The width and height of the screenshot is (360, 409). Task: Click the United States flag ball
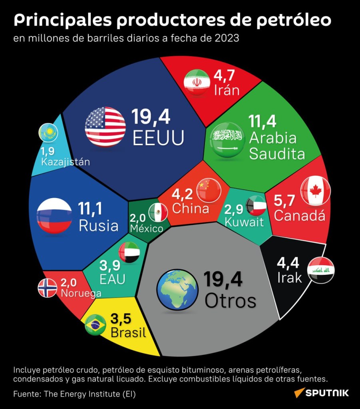pos(105,127)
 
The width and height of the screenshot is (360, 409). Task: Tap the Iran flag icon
pos(197,82)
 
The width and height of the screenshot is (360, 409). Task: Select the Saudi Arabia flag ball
pos(227,140)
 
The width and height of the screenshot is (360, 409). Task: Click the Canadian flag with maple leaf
pos(316,191)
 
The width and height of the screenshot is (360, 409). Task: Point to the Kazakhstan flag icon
pos(48,133)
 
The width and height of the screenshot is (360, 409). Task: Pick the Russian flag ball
pos(54,215)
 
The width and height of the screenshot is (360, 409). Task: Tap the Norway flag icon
pos(48,288)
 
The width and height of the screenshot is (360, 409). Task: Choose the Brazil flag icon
pos(95,325)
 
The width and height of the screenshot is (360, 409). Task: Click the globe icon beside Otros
pos(177,290)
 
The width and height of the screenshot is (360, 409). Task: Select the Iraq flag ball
pos(321,270)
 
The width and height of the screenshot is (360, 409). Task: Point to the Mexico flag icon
pos(158,212)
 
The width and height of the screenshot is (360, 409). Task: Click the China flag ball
pos(209,191)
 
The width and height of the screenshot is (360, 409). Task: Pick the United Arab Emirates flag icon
pos(129,252)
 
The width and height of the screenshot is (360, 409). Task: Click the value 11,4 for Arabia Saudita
pos(262,121)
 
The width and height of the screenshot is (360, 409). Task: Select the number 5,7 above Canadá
pos(284,201)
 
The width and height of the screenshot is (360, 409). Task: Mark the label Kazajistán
pos(66,162)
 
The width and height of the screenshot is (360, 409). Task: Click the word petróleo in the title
pos(294,20)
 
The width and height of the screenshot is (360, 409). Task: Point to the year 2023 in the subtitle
pos(227,38)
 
